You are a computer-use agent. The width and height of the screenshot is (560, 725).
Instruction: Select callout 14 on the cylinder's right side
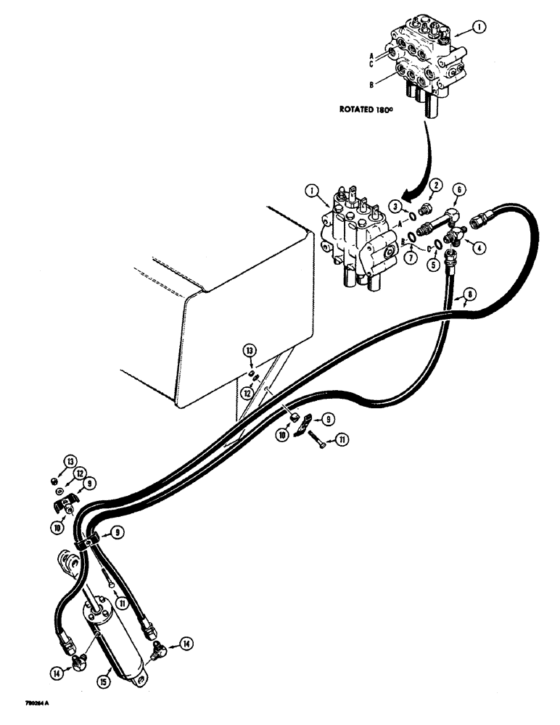click(x=188, y=642)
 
